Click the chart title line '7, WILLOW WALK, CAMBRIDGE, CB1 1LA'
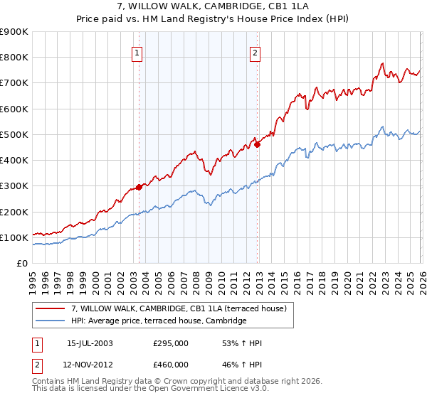pos(213,7)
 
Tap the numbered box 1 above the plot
pos(137,51)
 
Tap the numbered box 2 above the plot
pos(255,51)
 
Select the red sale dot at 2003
pos(139,187)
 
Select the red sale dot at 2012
pos(258,145)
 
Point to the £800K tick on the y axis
pos(14,57)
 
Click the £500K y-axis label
pos(14,134)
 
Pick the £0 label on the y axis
pos(21,263)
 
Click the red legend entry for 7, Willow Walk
pos(178,308)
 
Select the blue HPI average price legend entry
pos(158,321)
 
